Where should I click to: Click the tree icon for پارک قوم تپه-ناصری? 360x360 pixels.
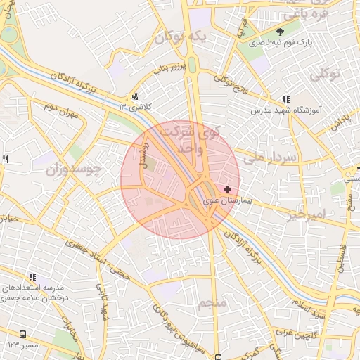point(280,32)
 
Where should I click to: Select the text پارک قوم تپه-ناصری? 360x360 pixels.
point(280,43)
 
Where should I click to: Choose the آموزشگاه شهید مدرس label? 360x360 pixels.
point(285,111)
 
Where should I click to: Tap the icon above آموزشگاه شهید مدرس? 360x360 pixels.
point(285,100)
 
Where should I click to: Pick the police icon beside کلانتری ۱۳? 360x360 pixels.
point(135,97)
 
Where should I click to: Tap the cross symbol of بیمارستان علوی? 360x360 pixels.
point(227,189)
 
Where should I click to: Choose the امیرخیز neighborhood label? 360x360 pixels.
point(307,214)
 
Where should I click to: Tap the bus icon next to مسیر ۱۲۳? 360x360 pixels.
point(23,335)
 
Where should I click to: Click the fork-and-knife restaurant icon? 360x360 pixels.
point(6,160)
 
